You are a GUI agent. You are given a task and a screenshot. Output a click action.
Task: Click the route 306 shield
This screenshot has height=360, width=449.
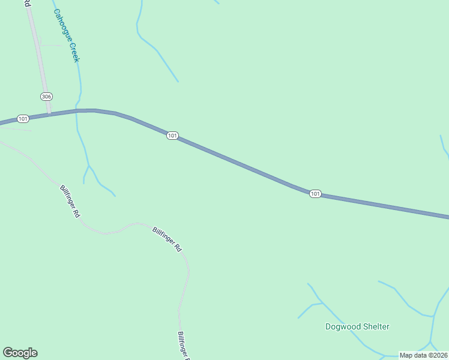tap(46, 97)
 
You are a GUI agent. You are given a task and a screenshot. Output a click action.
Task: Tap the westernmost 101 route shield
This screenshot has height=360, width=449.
tap(23, 119)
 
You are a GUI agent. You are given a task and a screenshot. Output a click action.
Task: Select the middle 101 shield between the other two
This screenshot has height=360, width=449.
tap(172, 136)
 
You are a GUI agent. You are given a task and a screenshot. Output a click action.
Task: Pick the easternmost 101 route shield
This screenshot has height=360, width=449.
tap(315, 194)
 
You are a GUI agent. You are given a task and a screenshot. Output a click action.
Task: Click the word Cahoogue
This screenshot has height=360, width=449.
tap(62, 25)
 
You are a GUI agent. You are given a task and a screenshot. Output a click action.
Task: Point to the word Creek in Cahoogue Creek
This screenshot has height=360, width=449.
tap(75, 52)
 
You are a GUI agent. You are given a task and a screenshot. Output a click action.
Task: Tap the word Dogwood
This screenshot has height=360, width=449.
tap(343, 327)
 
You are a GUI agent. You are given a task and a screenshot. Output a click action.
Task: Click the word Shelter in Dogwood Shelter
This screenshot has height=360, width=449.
tap(376, 327)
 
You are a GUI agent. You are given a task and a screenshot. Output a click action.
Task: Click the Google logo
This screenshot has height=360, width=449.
tap(20, 353)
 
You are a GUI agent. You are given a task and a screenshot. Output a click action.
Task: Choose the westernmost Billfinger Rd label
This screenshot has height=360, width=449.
tap(70, 200)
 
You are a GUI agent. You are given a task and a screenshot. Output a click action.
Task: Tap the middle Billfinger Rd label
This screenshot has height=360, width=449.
tap(167, 239)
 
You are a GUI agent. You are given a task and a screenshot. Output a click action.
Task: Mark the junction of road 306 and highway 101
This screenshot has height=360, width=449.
tap(50, 113)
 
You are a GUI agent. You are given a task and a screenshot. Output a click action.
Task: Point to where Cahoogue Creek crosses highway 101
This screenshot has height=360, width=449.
tap(76, 110)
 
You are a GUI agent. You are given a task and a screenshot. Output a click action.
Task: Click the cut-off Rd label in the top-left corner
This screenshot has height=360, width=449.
tap(27, 3)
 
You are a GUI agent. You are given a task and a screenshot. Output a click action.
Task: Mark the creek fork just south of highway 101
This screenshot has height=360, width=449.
tap(89, 165)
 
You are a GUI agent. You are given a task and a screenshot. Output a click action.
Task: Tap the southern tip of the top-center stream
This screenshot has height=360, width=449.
tap(178, 82)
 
